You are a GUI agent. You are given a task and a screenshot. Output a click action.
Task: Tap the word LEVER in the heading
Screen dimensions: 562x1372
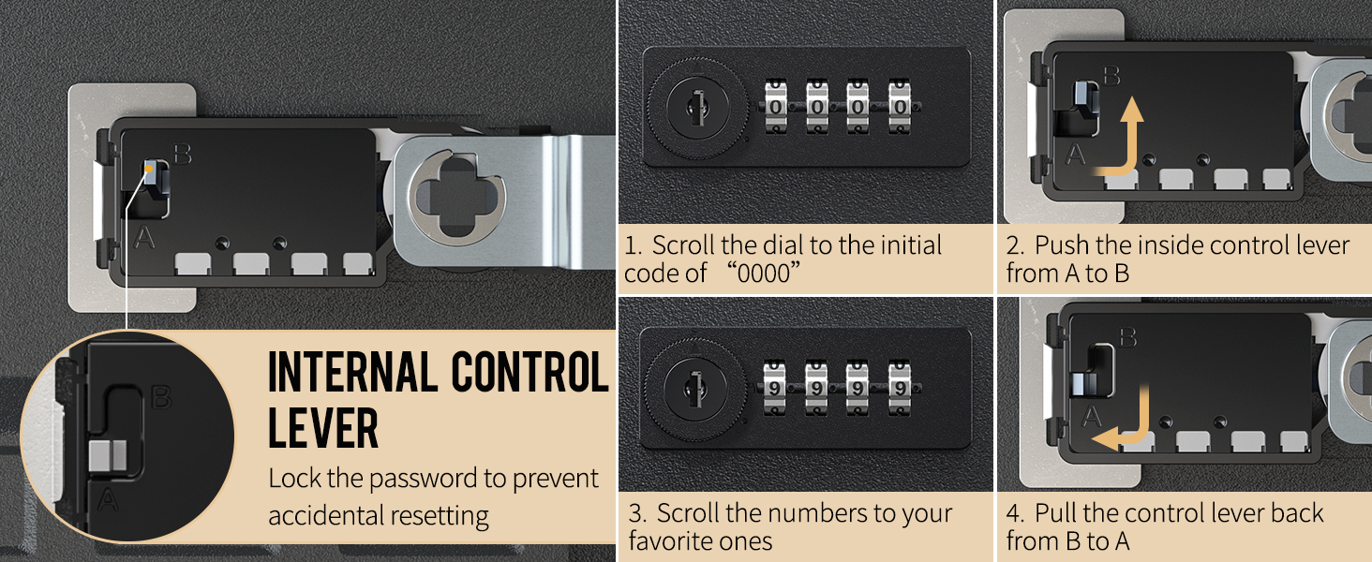pyautogui.click(x=323, y=429)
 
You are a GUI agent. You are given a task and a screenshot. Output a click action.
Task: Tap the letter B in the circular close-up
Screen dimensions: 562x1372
pyautogui.click(x=161, y=398)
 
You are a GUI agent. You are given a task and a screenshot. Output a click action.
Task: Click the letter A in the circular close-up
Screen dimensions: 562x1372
pyautogui.click(x=109, y=500)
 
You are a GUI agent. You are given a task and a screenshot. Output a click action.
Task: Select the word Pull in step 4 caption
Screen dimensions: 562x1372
pyautogui.click(x=1059, y=513)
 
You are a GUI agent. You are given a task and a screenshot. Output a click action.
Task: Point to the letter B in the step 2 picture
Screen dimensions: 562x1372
pyautogui.click(x=1111, y=75)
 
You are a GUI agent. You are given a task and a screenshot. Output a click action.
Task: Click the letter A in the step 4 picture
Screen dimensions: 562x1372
pyautogui.click(x=1092, y=416)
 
